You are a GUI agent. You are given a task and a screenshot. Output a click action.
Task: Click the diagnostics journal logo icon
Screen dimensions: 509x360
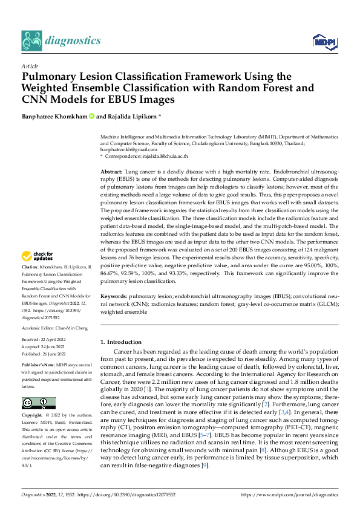point(32,41)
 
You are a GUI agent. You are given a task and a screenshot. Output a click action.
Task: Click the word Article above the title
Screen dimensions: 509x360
point(30,66)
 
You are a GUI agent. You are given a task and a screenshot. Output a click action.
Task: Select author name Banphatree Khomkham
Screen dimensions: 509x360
point(54,116)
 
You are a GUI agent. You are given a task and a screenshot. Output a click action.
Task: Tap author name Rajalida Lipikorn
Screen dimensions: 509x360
point(131,116)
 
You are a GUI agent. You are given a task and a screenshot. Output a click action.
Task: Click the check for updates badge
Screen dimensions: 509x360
point(39,273)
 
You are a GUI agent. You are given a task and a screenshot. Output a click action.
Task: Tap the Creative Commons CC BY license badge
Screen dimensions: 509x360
point(39,403)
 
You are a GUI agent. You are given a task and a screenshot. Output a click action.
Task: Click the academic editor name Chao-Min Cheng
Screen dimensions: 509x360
point(71,324)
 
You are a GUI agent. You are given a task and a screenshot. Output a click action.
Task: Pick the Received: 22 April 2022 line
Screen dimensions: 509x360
point(47,339)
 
